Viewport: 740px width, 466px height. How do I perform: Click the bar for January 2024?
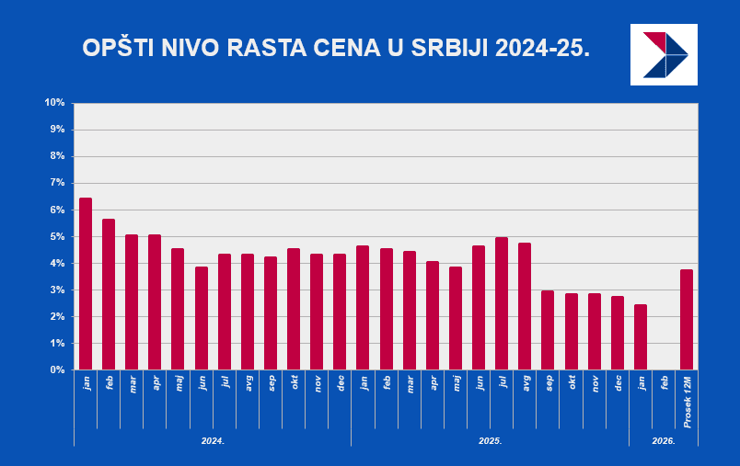86,284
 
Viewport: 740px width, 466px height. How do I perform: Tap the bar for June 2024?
202,318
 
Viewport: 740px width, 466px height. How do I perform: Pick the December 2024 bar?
340,312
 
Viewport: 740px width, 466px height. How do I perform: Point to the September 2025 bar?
548,330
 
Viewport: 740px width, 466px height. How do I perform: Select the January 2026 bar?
641,337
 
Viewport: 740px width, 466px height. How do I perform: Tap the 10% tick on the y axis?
54,103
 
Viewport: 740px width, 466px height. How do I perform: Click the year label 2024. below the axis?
213,441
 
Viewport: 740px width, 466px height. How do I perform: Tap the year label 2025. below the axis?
490,441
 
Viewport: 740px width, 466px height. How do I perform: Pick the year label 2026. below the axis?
664,441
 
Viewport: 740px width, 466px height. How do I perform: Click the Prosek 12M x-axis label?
688,401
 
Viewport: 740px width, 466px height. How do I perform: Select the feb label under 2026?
665,381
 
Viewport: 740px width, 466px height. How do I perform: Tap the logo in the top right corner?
664,55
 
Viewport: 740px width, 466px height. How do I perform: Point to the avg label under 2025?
526,381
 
